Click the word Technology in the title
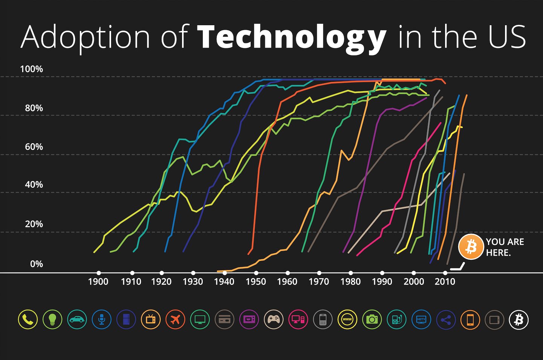(291, 37)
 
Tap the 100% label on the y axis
(31, 69)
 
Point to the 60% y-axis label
(34, 147)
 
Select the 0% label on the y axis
(37, 264)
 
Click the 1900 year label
(98, 281)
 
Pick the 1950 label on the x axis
(256, 281)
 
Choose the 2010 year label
(445, 281)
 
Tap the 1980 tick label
(350, 281)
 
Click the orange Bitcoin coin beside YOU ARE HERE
(470, 247)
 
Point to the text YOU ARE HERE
(505, 247)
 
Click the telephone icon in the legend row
(28, 320)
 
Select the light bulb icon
(52, 320)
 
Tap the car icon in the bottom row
(77, 320)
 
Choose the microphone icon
(101, 320)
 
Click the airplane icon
(175, 320)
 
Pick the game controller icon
(274, 320)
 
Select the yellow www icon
(347, 320)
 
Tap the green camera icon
(372, 320)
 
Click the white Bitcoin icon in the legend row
(519, 320)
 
